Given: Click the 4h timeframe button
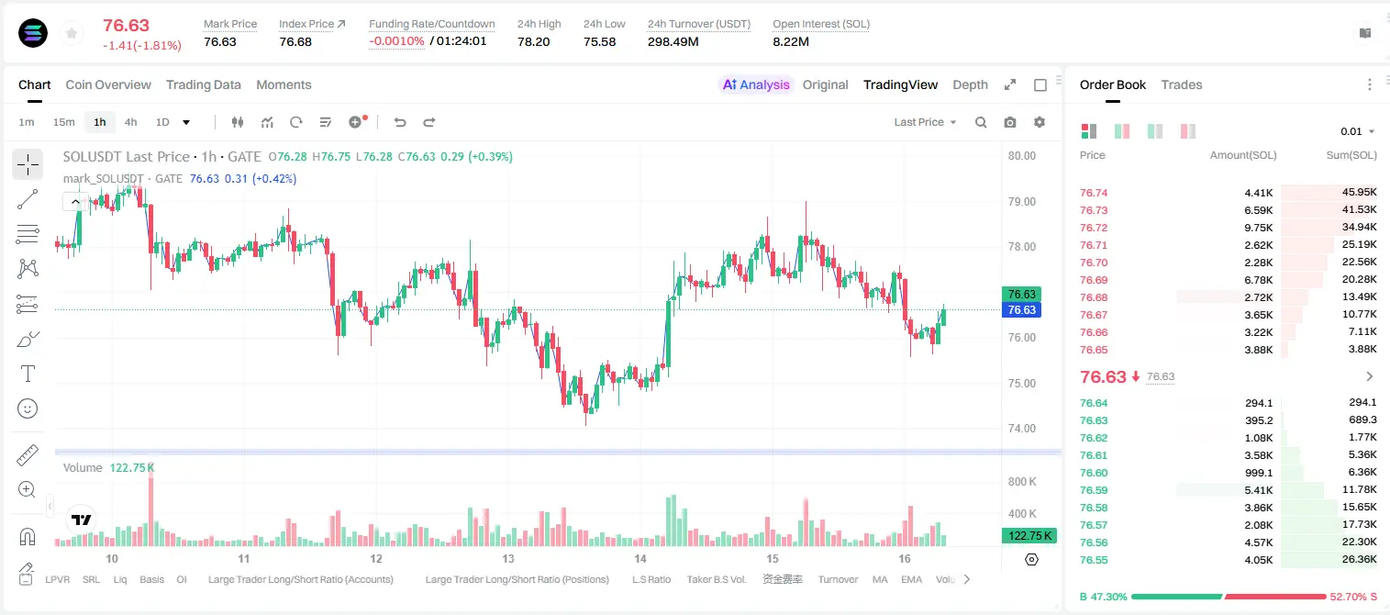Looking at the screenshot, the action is (x=130, y=122).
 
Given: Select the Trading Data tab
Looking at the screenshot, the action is (x=204, y=85).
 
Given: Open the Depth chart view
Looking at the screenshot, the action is (x=970, y=85).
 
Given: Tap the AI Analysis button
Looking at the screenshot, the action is (x=756, y=85).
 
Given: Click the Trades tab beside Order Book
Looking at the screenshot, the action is (x=1182, y=85).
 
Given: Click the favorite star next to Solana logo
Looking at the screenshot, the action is (x=72, y=34).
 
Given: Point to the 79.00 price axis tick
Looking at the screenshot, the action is (x=1021, y=202).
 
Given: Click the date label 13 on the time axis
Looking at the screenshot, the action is (x=508, y=558).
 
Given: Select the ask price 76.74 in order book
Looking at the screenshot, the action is (x=1094, y=193).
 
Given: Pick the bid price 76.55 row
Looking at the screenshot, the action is (x=1094, y=560).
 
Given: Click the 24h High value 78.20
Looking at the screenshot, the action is (x=534, y=41).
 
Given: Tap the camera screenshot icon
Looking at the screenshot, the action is (x=1010, y=122).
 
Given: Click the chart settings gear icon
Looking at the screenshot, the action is (x=1040, y=122).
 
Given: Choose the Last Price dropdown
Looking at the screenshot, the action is (x=925, y=122).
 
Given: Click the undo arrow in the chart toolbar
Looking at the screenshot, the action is (x=400, y=122).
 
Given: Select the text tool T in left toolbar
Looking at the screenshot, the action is (x=28, y=374).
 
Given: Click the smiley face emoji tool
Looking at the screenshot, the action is (x=28, y=408).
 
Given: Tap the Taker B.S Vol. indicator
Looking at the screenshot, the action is (x=717, y=579).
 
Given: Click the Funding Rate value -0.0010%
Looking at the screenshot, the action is (x=396, y=41).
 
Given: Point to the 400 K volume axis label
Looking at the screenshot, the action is (x=1022, y=514).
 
